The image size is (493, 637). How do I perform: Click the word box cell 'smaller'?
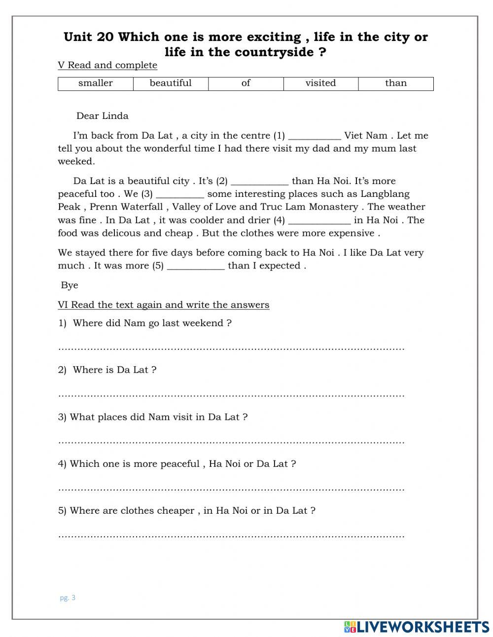point(96,83)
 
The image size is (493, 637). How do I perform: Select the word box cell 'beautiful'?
point(171,83)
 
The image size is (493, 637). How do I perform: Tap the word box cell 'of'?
point(246,83)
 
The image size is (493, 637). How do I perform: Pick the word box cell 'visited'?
point(320,83)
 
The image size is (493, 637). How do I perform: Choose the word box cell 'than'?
point(396,83)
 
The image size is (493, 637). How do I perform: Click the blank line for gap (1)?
point(314,137)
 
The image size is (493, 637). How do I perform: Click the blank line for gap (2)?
point(259,182)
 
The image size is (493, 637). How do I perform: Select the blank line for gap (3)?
point(179,195)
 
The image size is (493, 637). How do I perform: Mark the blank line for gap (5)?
point(196,266)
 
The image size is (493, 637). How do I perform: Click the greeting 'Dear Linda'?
point(102,116)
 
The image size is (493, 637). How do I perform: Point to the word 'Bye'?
point(70,285)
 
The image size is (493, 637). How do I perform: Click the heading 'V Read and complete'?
point(107,65)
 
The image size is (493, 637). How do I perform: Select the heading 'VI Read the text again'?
point(163,305)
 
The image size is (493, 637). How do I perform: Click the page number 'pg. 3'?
point(68,598)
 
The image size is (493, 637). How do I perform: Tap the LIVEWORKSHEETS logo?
point(416,627)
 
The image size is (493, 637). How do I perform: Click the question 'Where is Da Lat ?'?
point(114,370)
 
